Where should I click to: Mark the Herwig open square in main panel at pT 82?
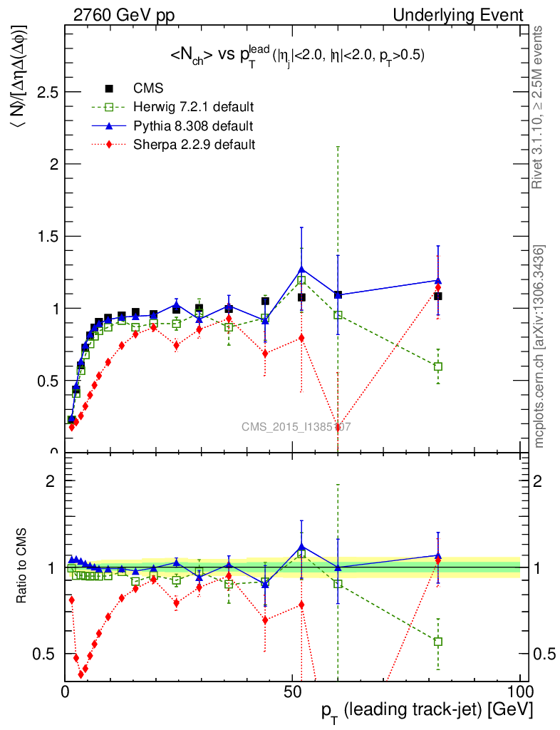438,366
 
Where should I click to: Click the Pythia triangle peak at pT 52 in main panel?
301,269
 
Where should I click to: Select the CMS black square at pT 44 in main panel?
265,301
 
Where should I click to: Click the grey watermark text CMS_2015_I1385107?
295,427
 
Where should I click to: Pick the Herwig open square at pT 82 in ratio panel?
438,642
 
